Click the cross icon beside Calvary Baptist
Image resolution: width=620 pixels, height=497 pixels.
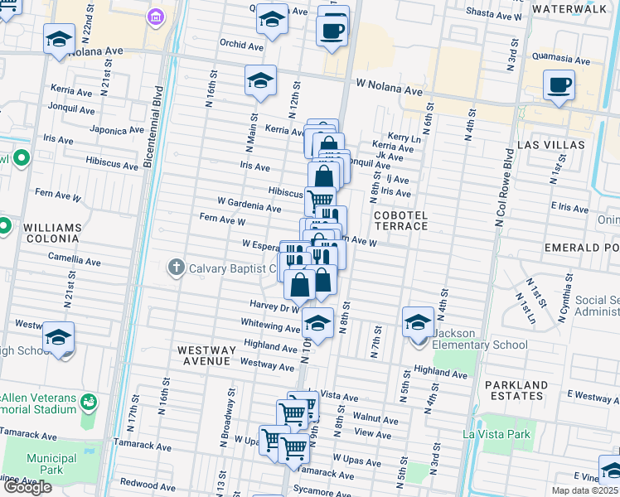(x=175, y=268)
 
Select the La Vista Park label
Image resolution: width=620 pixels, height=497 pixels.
(x=495, y=433)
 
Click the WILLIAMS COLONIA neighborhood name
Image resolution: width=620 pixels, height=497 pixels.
(x=52, y=234)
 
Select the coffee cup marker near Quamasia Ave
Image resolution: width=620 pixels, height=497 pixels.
(x=559, y=84)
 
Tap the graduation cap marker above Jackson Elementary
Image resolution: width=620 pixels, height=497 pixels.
(x=419, y=321)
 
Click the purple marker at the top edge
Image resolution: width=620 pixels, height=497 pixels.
(x=156, y=17)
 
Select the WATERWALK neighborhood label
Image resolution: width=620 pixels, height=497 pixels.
(x=576, y=8)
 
